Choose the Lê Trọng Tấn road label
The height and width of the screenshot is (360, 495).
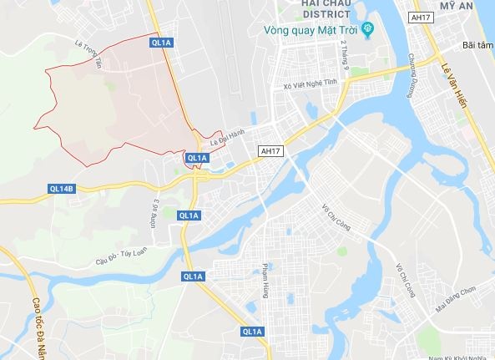[91, 53]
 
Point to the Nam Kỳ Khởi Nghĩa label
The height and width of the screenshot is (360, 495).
[458, 356]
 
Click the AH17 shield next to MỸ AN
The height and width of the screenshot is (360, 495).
[421, 17]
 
